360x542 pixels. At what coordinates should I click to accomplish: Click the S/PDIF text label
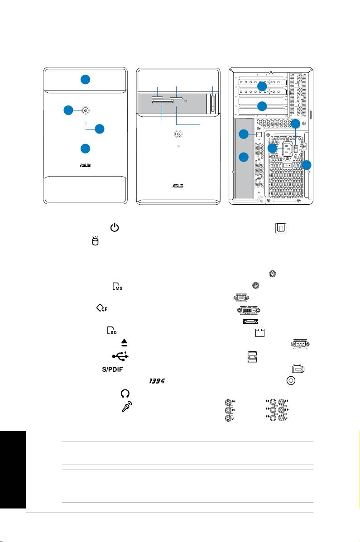pos(112,369)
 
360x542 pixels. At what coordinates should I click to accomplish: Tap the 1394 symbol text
pos(157,380)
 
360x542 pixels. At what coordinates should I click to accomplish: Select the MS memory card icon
pos(117,286)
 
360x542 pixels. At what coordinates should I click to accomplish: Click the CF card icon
pos(102,307)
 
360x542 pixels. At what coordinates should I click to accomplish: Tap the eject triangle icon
pos(125,342)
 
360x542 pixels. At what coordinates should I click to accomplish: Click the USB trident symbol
pos(120,356)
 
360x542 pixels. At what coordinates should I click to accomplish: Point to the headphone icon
pos(125,393)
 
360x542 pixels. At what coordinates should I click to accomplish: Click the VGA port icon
pos(241,297)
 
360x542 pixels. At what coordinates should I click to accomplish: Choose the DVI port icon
pos(249,310)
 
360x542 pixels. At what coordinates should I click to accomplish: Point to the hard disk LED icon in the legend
pos(95,241)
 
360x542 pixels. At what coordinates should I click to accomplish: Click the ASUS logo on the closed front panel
pos(85,165)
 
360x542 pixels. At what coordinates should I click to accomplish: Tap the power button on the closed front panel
pos(86,110)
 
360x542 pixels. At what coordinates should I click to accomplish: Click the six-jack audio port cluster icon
pos(277,410)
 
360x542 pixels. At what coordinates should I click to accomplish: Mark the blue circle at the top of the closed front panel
pos(86,80)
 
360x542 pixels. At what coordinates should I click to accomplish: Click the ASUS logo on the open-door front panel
pos(178,186)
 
